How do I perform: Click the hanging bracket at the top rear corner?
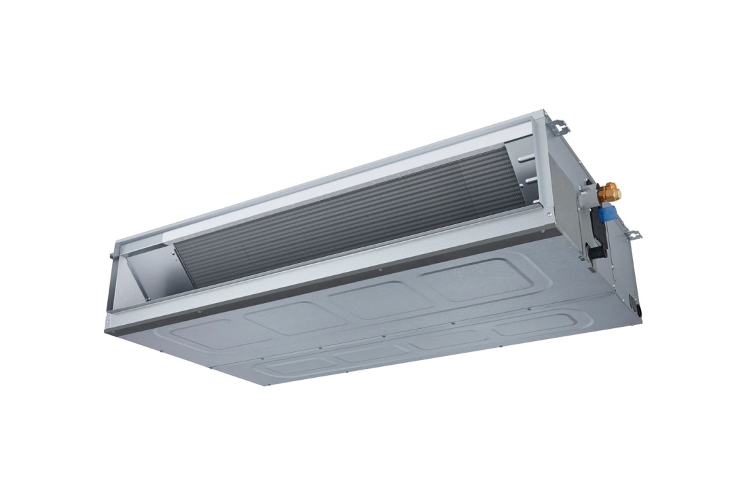tap(560, 125)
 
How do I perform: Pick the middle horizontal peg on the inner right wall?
tap(529, 178)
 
